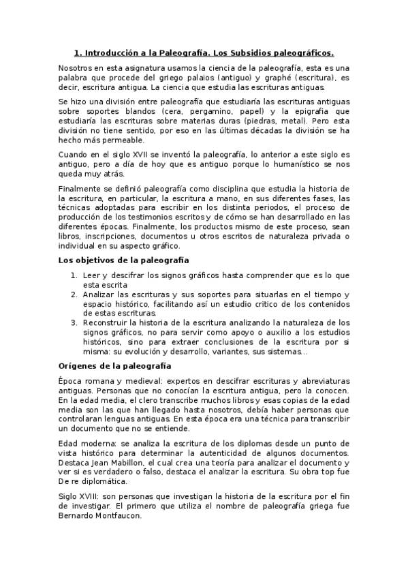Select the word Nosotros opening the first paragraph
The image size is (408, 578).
[x=76, y=69]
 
